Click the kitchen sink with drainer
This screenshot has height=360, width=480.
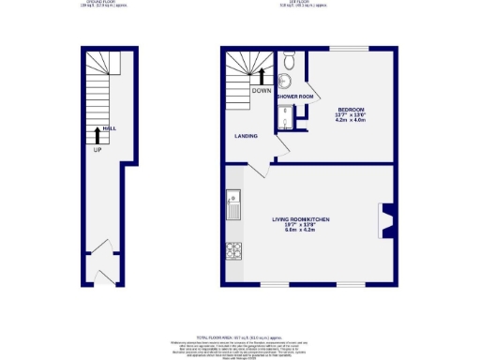[232, 201]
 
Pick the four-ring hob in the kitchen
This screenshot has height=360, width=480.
[232, 250]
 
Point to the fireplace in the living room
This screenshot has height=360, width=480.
[384, 220]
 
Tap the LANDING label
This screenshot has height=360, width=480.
[246, 137]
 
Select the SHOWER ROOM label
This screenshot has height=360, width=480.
[293, 97]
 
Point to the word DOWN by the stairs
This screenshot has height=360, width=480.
[262, 90]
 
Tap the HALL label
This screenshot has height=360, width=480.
[110, 129]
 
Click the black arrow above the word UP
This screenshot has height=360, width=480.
[97, 136]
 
